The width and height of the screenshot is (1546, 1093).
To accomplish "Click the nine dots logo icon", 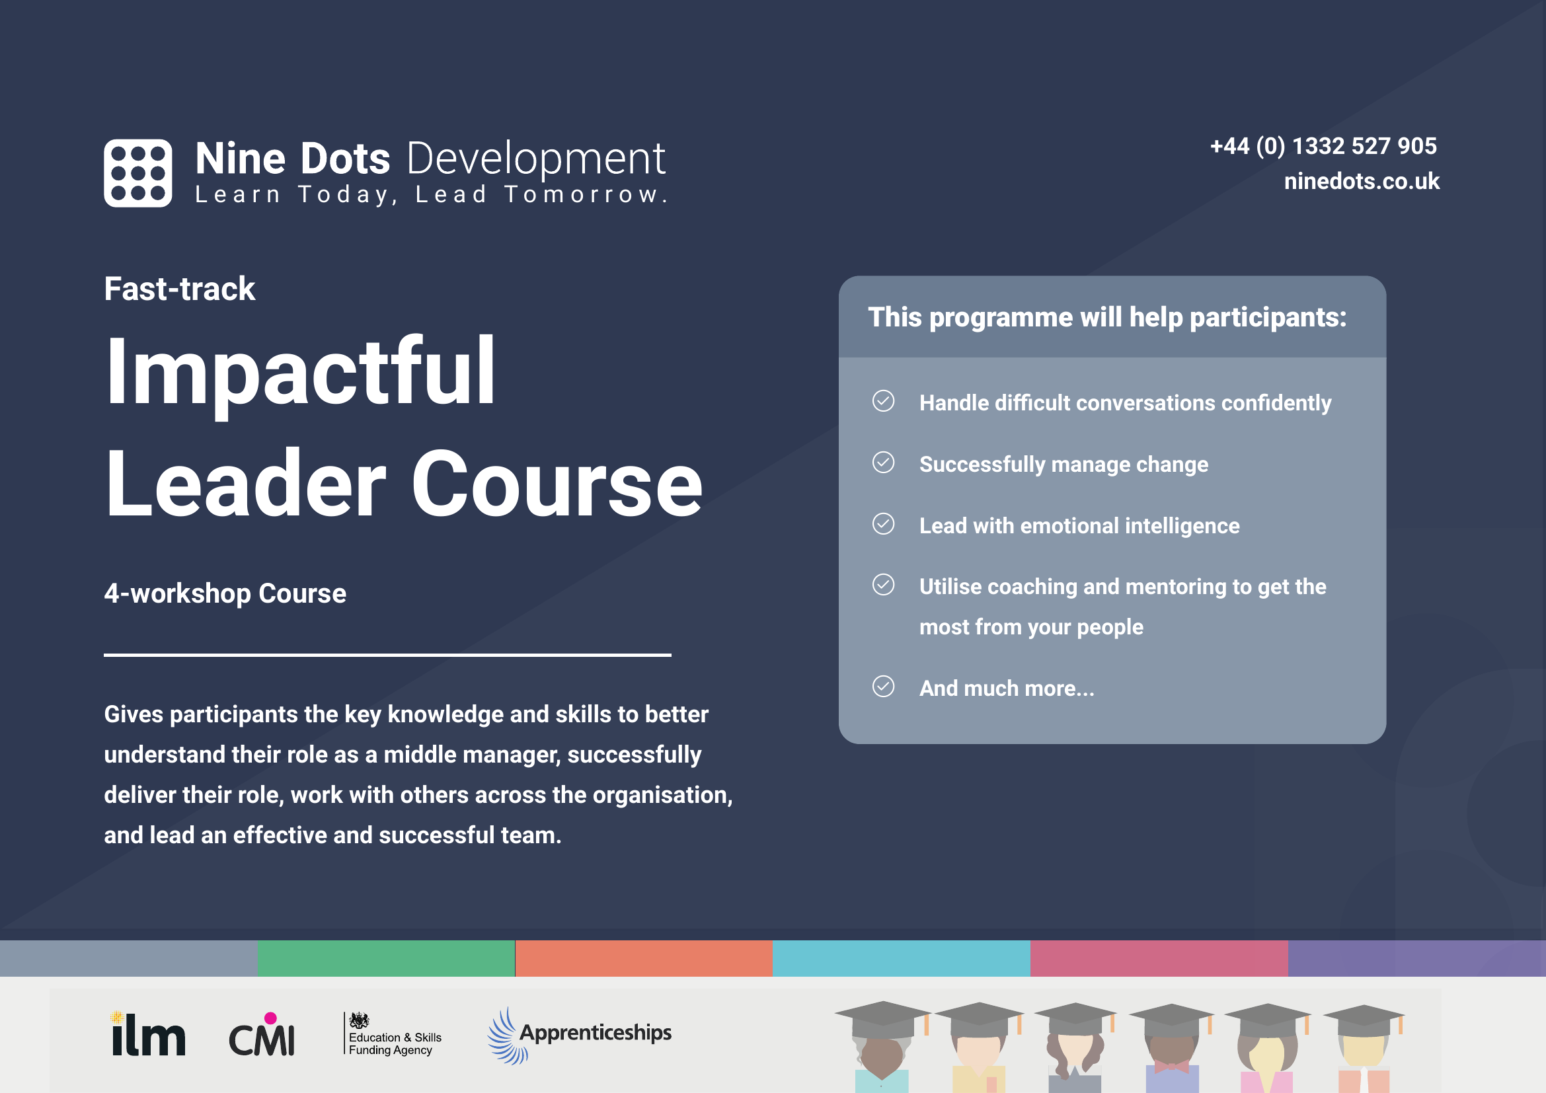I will pyautogui.click(x=137, y=173).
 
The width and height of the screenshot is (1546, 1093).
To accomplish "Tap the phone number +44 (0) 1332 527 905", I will pyautogui.click(x=1323, y=146).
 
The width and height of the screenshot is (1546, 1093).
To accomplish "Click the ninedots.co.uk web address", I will pyautogui.click(x=1361, y=181).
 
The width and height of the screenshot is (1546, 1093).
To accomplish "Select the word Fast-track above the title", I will pyautogui.click(x=179, y=289).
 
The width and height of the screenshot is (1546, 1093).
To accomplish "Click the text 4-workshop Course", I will pyautogui.click(x=225, y=593).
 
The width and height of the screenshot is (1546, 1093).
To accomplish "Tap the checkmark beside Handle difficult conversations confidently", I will pyautogui.click(x=883, y=401).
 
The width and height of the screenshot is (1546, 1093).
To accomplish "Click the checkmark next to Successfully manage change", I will pyautogui.click(x=883, y=463).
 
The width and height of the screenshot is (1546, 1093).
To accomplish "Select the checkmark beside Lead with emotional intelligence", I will pyautogui.click(x=883, y=523).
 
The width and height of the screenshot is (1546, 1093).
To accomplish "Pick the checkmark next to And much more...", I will pyautogui.click(x=883, y=687).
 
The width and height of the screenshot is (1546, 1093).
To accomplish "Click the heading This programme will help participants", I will pyautogui.click(x=1107, y=317).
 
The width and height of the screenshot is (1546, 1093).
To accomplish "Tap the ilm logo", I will pyautogui.click(x=147, y=1034).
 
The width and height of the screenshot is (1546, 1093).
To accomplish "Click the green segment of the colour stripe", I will pyautogui.click(x=386, y=958).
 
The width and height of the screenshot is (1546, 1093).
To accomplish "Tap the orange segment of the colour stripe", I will pyautogui.click(x=643, y=958).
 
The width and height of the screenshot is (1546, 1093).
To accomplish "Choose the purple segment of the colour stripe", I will pyautogui.click(x=1416, y=958).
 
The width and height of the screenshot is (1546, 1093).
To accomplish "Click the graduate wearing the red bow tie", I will pyautogui.click(x=1172, y=1050).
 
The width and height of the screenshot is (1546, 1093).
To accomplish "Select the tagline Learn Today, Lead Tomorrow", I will pyautogui.click(x=430, y=194).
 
